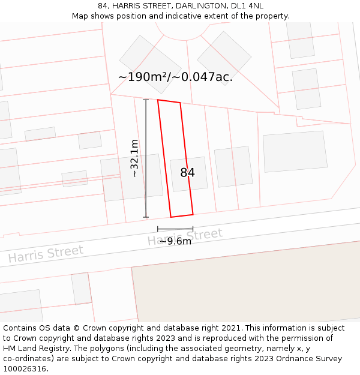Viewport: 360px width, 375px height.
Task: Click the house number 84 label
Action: coord(187,173)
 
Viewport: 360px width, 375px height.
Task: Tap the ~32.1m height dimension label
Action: coord(135,158)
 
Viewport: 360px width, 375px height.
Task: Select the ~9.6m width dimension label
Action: coord(175,241)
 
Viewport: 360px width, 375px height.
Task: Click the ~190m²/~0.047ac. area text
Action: coord(175,77)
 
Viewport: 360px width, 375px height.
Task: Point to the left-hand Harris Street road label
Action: coord(46,254)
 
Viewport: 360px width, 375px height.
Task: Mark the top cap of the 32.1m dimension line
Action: coord(146,100)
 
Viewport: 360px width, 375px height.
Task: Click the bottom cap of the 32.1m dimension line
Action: coord(146,217)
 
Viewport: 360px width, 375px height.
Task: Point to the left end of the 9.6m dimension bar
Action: coord(158,229)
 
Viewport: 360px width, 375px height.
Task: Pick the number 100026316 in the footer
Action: coord(25,369)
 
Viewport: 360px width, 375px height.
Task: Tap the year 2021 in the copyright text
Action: coord(231,328)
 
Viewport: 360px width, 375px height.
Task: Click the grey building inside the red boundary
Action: coord(188,174)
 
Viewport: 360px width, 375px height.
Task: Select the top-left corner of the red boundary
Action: coord(158,100)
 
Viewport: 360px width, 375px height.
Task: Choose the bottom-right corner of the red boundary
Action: coord(193,214)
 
